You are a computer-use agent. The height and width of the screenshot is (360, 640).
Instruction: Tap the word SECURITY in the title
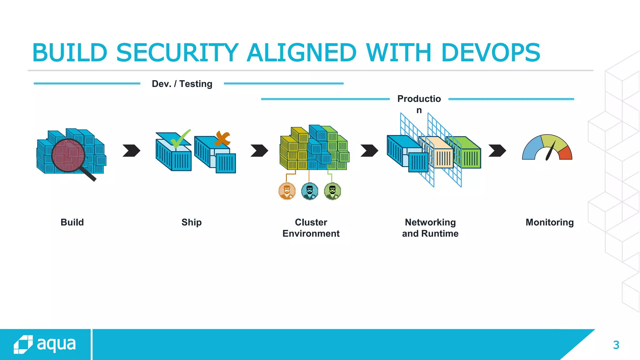pyautogui.click(x=177, y=52)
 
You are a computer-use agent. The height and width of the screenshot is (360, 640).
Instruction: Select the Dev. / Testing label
pyautogui.click(x=182, y=84)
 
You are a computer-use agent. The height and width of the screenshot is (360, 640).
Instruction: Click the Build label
pyautogui.click(x=72, y=222)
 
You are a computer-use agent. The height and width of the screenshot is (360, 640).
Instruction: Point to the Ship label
pyautogui.click(x=192, y=222)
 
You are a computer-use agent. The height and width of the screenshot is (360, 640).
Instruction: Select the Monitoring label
pyautogui.click(x=549, y=222)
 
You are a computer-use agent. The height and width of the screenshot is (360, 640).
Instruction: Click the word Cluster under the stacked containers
pyautogui.click(x=311, y=222)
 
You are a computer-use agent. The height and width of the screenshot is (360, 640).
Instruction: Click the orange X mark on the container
pyautogui.click(x=222, y=138)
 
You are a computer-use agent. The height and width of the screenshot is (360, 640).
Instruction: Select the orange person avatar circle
pyautogui.click(x=287, y=191)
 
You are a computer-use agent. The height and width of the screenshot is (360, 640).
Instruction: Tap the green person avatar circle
pyautogui.click(x=332, y=191)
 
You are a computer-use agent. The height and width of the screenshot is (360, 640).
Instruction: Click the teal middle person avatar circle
pyautogui.click(x=310, y=191)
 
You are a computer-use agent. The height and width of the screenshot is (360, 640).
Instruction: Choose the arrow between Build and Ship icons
pyautogui.click(x=132, y=151)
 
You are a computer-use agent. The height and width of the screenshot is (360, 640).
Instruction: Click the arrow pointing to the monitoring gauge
pyautogui.click(x=497, y=151)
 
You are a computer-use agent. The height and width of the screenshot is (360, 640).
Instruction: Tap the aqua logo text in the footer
pyautogui.click(x=56, y=344)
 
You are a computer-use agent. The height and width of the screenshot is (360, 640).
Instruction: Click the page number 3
pyautogui.click(x=616, y=345)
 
